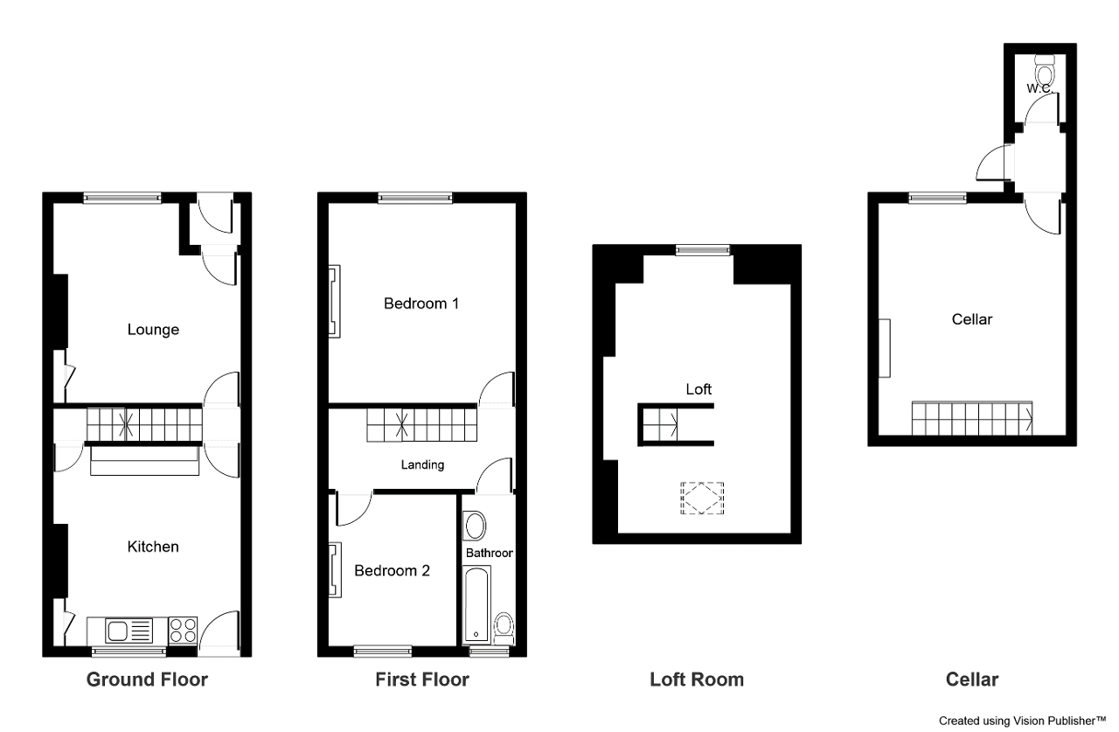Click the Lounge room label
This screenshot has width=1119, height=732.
(x=153, y=330)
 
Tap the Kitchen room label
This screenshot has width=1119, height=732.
(x=153, y=547)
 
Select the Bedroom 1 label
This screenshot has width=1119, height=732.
(x=421, y=303)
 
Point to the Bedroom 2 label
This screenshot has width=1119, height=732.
(x=393, y=570)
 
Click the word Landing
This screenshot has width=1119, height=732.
(x=422, y=465)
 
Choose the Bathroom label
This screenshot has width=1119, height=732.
(x=489, y=553)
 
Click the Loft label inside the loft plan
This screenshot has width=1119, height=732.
(x=699, y=389)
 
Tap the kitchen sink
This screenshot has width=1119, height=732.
(x=129, y=631)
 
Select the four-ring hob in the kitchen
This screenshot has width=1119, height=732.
(x=183, y=630)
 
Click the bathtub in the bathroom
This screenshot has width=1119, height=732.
(x=477, y=604)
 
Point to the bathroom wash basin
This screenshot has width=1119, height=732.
(x=475, y=526)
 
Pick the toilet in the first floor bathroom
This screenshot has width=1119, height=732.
(x=504, y=629)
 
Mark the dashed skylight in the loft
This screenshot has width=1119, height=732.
(x=702, y=498)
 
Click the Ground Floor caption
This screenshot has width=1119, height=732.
(x=147, y=680)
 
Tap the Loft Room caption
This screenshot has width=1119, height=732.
(x=697, y=680)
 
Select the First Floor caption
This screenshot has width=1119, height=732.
(x=422, y=680)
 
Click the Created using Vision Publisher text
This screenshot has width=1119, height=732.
(x=1023, y=721)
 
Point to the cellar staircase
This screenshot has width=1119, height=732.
(x=972, y=418)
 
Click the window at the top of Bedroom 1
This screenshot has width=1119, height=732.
(x=415, y=198)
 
